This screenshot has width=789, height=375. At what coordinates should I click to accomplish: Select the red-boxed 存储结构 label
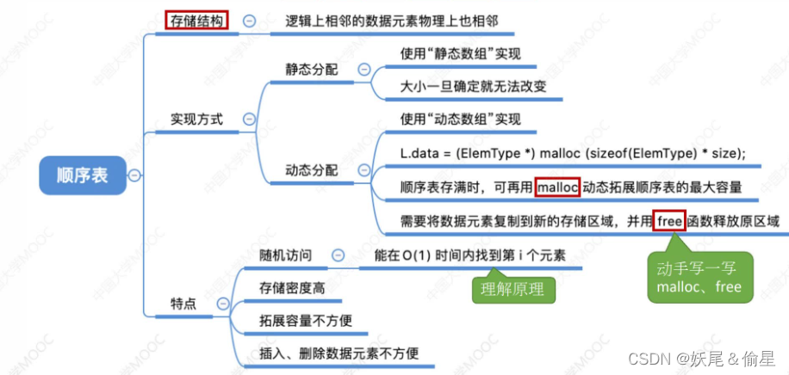pyautogui.click(x=196, y=20)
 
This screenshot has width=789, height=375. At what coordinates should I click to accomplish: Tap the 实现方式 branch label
pyautogui.click(x=196, y=120)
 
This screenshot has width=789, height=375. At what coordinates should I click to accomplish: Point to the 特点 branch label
pyautogui.click(x=183, y=304)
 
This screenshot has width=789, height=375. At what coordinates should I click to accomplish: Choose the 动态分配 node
pyautogui.click(x=312, y=170)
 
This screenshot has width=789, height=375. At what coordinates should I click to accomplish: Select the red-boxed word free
pyautogui.click(x=668, y=220)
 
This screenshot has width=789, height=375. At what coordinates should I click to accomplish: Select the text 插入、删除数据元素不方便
pyautogui.click(x=339, y=353)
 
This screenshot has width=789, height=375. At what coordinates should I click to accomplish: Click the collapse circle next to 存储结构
pyautogui.click(x=249, y=21)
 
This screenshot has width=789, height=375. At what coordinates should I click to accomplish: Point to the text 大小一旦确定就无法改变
pyautogui.click(x=473, y=87)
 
